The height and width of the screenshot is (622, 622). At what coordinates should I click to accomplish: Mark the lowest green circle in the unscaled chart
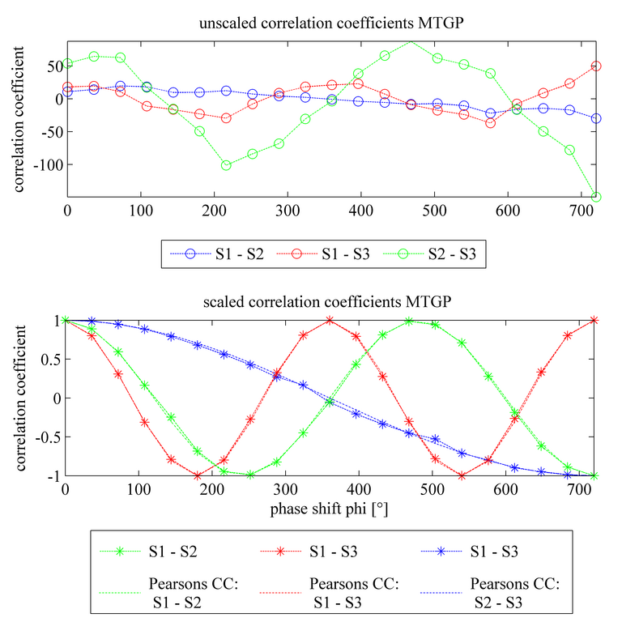[x=596, y=197]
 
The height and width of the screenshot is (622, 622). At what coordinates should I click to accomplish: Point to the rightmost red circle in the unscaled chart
[x=596, y=66]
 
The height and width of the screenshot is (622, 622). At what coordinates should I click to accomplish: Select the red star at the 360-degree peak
[x=330, y=320]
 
